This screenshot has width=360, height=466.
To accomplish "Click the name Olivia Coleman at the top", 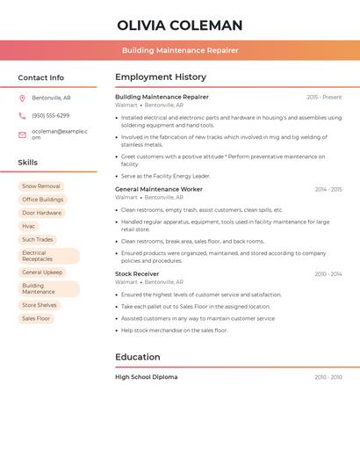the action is coord(179,25).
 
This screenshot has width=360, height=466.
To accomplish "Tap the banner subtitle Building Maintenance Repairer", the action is coord(180,50).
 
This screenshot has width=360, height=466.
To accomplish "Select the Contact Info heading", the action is coord(40,77).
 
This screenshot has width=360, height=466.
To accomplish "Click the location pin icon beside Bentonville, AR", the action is coord(22,98).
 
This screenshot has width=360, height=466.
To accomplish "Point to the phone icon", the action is coord(22,115).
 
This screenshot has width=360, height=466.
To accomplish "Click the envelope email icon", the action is coord(22,135).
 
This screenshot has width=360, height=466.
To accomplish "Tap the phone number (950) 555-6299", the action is coord(51,115).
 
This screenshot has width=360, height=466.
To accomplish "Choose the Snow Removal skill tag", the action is coord(41,186).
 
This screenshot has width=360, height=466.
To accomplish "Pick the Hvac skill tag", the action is coord(29,226).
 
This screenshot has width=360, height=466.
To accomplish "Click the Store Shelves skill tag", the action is coord(40,305).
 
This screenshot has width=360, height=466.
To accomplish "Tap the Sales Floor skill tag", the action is coord(36,318).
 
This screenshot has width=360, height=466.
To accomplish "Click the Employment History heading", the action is coord(161,77).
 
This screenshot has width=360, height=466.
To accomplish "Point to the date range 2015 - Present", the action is coord(324,97).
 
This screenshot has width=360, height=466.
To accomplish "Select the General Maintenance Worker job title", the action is coord(159,189).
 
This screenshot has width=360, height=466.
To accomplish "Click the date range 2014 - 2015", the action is coord(328,189).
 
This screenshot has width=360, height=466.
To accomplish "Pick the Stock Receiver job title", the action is coord(137,273).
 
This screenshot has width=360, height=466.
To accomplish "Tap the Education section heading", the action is coord(138,357).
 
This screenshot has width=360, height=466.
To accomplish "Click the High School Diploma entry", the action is coord(147,376).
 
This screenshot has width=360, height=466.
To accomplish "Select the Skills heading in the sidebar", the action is coord(28,163).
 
